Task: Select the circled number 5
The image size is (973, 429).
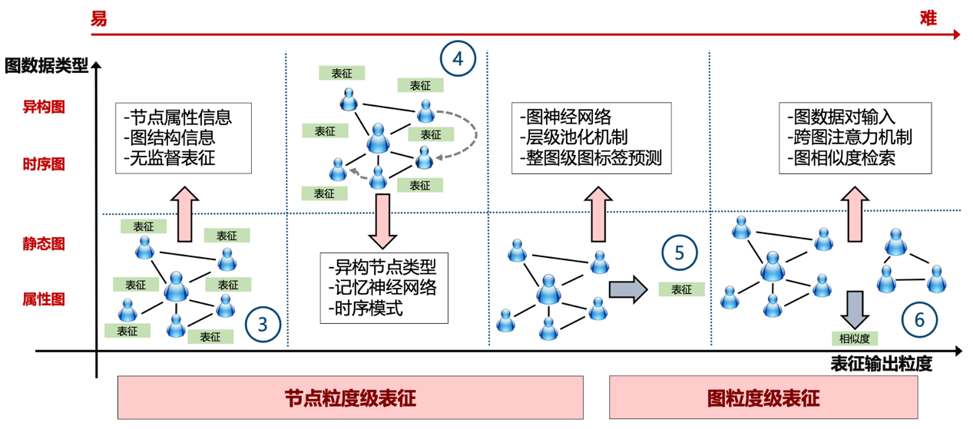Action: [x=679, y=252]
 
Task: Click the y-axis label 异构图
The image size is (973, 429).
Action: [x=45, y=107]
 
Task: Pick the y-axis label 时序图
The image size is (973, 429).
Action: [x=45, y=164]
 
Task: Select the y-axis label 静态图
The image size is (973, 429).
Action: [x=45, y=244]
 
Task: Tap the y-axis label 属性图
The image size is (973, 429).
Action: [x=45, y=299]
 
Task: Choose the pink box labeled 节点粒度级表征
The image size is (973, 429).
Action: [x=350, y=398]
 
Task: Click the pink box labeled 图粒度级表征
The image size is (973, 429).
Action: [x=763, y=398]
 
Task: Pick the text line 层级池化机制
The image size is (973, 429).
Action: [x=573, y=138]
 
